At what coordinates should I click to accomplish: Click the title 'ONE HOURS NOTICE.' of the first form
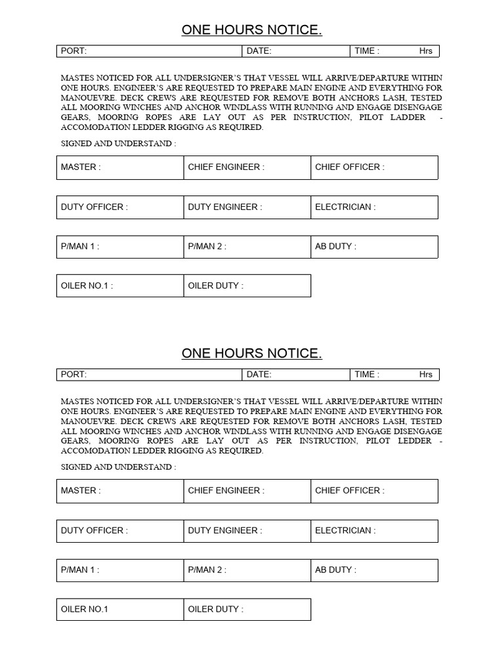coord(251,30)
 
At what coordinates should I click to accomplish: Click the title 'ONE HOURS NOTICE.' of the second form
coord(251,354)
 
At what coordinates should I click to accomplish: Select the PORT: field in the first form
coord(149,51)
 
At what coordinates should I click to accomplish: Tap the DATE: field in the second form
coord(296,375)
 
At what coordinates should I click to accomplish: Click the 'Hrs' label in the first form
coord(426,51)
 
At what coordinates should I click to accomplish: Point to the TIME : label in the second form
coord(367,375)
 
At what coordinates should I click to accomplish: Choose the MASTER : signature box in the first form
coord(120,167)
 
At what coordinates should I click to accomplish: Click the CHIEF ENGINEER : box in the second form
coord(247,491)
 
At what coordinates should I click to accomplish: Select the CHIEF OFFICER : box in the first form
coord(374,167)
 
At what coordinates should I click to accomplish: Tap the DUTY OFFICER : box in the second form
coord(120,531)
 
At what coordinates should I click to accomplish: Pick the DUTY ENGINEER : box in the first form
coord(247,207)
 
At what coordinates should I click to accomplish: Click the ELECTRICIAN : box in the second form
coord(374,531)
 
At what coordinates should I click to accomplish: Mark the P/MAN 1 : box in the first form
coord(120,247)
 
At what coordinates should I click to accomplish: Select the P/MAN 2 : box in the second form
coord(247,570)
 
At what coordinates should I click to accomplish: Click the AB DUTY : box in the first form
coord(374,247)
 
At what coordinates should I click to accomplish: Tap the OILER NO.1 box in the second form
coord(120,610)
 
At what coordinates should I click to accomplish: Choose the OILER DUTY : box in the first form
coord(247,286)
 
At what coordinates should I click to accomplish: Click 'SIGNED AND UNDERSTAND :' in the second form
coord(118,467)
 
